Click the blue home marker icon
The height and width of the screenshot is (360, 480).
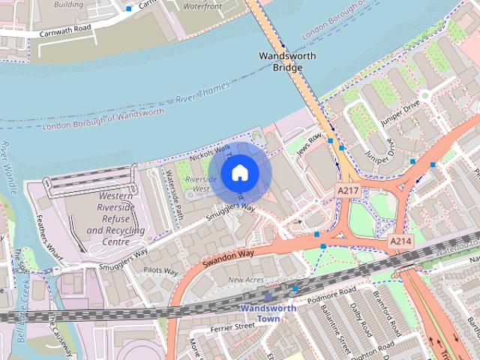pos(239,173)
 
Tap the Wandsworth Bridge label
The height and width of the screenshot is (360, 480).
pos(286,61)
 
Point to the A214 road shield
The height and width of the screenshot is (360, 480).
pos(400,241)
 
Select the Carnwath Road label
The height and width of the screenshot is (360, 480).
pos(66,30)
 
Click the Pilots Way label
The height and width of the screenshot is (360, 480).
pos(161,271)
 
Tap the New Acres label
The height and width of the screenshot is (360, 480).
pos(245,280)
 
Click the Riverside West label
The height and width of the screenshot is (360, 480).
pos(202,184)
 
